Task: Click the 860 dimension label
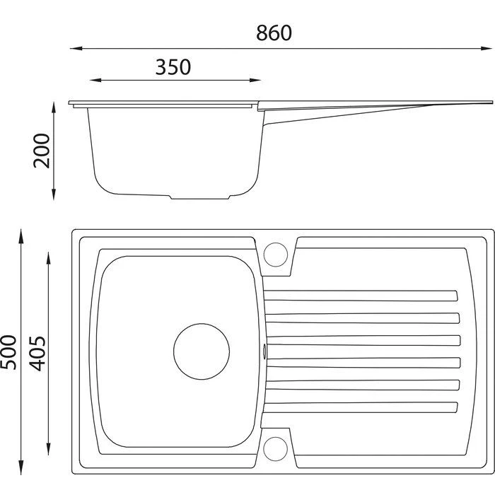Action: tap(274, 33)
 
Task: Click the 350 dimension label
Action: tap(173, 67)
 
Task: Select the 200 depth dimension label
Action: tap(42, 151)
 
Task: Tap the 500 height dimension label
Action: tap(8, 352)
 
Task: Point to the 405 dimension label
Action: tap(37, 354)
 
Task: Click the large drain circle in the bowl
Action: tap(202, 351)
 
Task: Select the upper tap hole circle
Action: tap(276, 255)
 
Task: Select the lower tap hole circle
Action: tap(275, 448)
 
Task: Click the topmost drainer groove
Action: tap(361, 296)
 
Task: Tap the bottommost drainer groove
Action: tap(360, 407)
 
